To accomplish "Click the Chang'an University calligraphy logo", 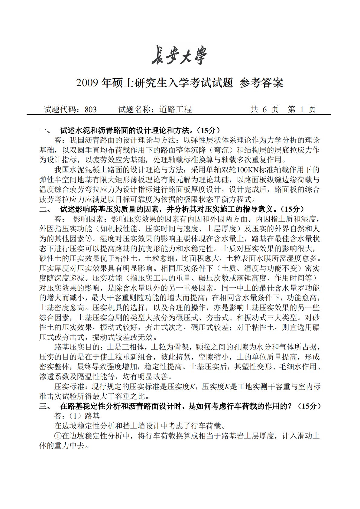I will [x=180, y=55].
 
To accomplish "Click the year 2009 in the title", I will [x=87, y=83].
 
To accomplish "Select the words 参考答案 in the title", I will [x=261, y=83].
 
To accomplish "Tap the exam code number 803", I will [x=91, y=109].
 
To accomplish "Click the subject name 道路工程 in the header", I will [x=176, y=109].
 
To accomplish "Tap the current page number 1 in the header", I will [x=302, y=109].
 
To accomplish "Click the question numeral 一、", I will [x=46, y=131].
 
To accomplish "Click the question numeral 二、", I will [x=46, y=209].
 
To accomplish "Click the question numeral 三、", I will [x=46, y=406].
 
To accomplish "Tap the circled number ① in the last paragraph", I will [x=58, y=436].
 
